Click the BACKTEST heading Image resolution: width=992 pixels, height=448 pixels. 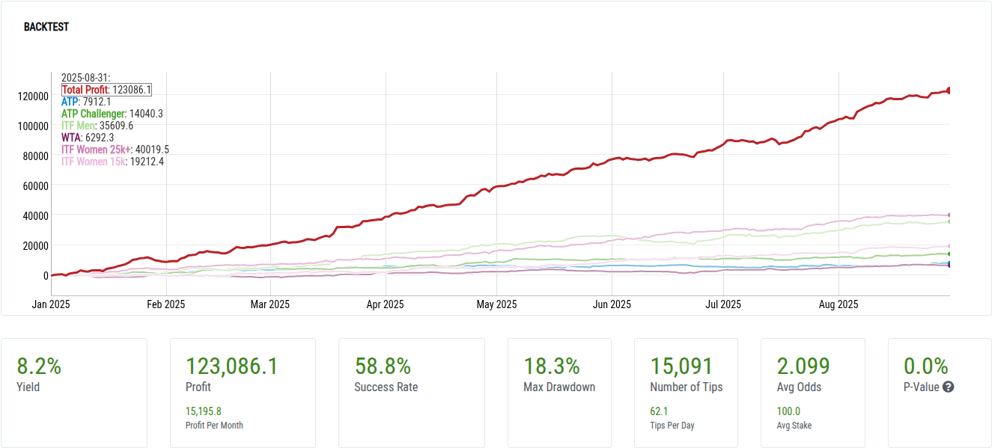coord(46,27)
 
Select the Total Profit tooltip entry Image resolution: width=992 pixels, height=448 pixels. coord(106,90)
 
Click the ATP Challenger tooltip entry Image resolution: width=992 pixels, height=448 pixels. coord(112,114)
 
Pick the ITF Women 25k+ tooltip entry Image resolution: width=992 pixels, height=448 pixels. coord(115,150)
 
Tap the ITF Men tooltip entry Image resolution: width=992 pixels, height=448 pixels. coord(97,126)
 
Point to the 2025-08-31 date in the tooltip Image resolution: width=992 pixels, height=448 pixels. coord(85,78)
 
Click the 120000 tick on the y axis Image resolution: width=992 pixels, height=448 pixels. coord(34,96)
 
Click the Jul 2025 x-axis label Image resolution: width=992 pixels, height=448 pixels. coord(723,304)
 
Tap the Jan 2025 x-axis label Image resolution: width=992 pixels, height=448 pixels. coord(52,304)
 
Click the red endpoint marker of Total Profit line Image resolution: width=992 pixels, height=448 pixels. coord(949,90)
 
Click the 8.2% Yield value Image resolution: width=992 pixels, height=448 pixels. coord(39,366)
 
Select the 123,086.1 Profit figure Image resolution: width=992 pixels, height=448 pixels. coord(231,366)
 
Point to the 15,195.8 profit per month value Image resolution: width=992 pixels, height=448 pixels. coord(203,411)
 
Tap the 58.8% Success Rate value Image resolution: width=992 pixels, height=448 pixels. coord(383,366)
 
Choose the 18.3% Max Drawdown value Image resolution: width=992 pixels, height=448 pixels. coord(552,366)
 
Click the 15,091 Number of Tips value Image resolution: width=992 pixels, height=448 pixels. coord(681,366)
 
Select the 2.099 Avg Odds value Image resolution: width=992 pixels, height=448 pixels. coord(803,366)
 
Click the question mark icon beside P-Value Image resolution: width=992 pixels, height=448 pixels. coord(948,387)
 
